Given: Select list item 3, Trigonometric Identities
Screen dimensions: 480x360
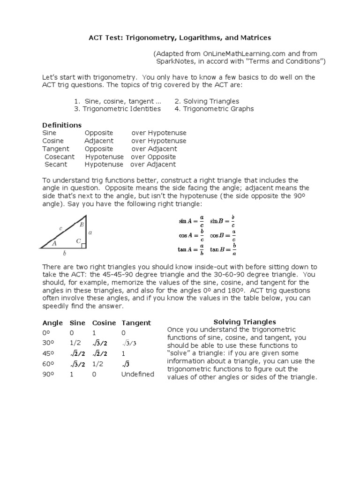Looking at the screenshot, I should [x=117, y=109].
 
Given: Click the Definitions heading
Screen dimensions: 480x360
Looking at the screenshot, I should [x=62, y=125].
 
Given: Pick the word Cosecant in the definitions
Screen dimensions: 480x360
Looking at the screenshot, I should [x=59, y=157].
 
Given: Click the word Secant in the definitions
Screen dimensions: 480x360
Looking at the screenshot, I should [x=56, y=165].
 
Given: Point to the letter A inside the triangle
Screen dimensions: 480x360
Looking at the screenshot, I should [x=54, y=243].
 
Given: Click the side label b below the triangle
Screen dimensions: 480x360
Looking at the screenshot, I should [x=65, y=254].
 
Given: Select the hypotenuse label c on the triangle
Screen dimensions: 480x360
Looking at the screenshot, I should [x=60, y=228].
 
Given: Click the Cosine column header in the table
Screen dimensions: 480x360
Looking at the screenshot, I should [x=104, y=323].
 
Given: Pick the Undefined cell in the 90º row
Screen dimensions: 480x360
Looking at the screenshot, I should [x=137, y=375].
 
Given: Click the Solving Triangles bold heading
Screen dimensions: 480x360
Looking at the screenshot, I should [x=245, y=322].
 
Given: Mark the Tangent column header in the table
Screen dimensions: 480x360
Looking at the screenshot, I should [x=136, y=323].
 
